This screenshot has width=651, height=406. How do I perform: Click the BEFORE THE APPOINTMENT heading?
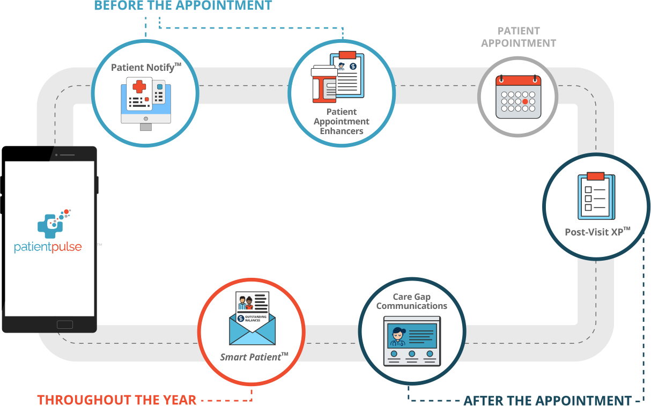tap(183, 6)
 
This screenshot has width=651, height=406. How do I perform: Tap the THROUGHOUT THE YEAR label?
tap(116, 400)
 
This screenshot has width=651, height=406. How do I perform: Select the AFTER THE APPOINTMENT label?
tap(548, 400)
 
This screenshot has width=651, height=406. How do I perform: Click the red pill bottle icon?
tap(324, 84)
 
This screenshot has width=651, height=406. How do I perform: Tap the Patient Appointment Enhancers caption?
tap(342, 122)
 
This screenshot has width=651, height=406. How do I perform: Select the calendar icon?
tap(518, 97)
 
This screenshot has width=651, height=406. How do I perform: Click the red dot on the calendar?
tap(525, 101)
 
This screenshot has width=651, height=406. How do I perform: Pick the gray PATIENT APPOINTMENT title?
tap(519, 37)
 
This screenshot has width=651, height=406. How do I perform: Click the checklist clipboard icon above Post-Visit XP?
tap(596, 196)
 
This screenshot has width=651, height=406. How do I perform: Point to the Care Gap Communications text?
tap(412, 301)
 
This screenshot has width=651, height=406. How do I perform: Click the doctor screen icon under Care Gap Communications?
tap(412, 341)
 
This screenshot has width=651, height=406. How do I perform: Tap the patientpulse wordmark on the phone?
tap(48, 247)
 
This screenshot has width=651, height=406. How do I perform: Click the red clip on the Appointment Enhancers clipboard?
tap(347, 54)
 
